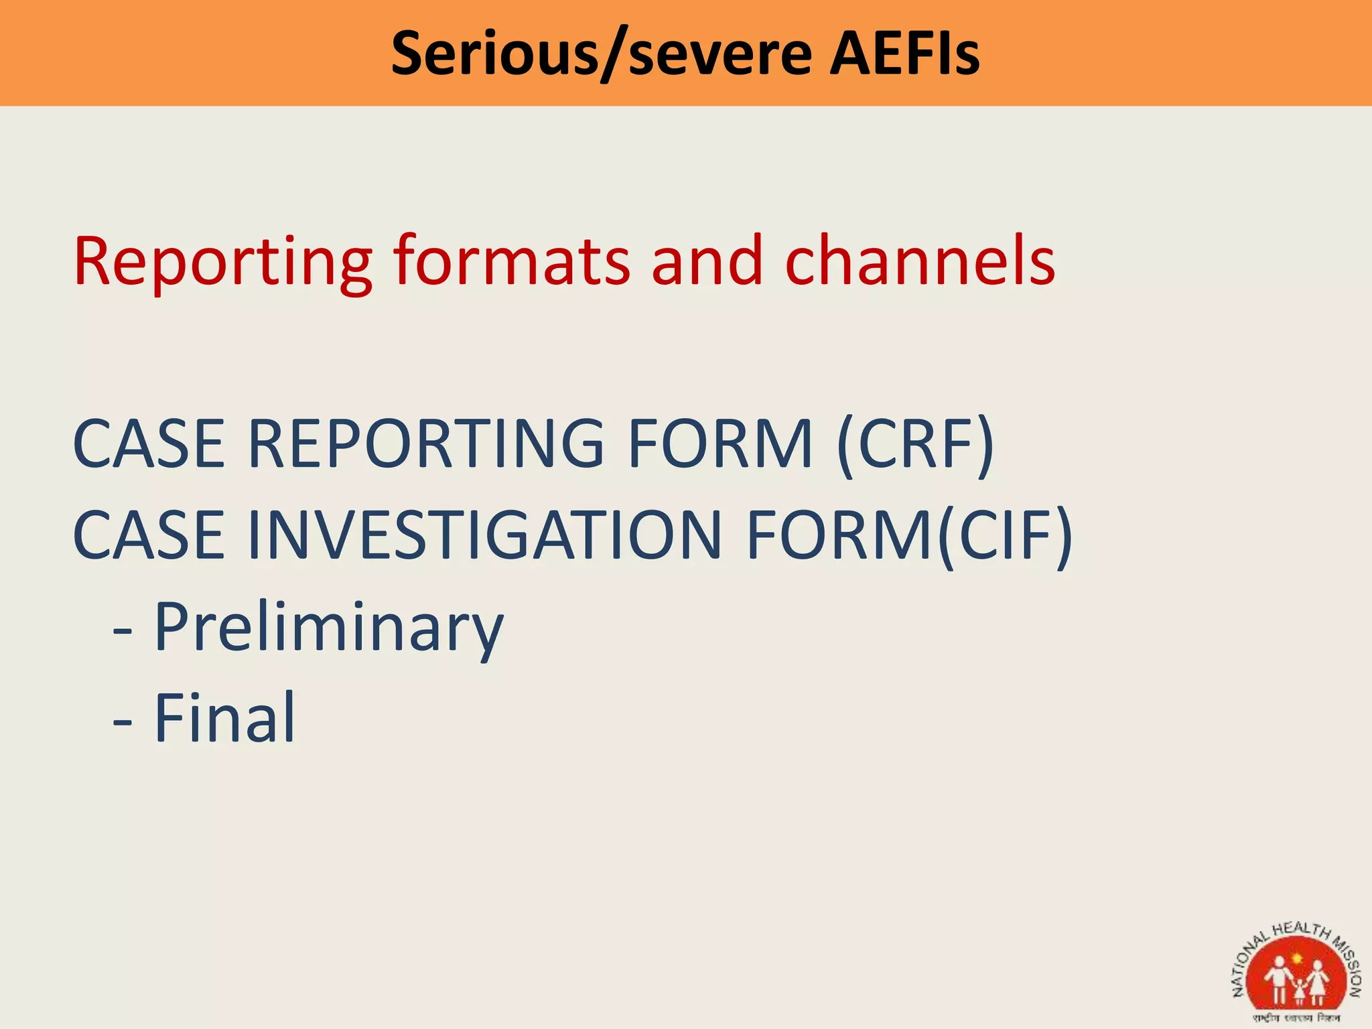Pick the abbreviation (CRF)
[x=915, y=443]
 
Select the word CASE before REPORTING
[x=149, y=443]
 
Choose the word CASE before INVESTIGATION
[x=149, y=535]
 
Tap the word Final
[x=225, y=718]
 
